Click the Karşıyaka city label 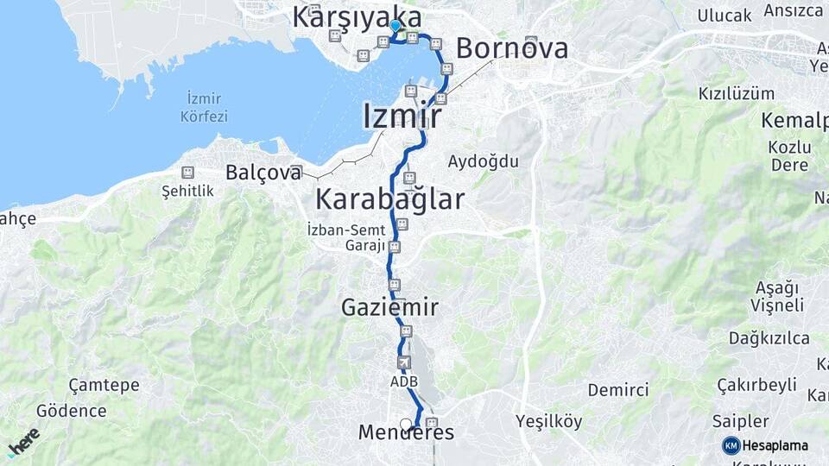click(357, 16)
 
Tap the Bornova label click(512, 48)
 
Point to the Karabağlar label click(389, 199)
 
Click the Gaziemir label click(389, 307)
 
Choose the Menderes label click(406, 433)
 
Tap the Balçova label click(263, 173)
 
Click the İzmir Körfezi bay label click(205, 107)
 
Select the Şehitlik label click(187, 191)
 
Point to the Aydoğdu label click(483, 161)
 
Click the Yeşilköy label click(548, 422)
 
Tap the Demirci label click(618, 389)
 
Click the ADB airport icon click(403, 363)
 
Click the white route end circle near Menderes click(406, 424)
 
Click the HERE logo click(23, 441)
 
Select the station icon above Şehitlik click(187, 172)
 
